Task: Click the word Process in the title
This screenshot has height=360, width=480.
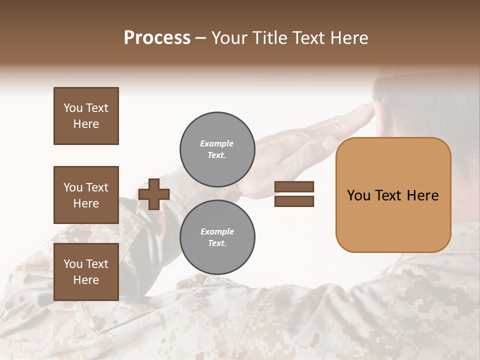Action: [x=157, y=37]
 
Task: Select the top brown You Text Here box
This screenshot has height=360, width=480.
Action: [x=86, y=116]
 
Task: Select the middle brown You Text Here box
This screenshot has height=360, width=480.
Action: [x=86, y=195]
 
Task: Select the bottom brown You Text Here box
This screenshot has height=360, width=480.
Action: [x=86, y=271]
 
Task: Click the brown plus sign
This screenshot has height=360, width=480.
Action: [x=154, y=194]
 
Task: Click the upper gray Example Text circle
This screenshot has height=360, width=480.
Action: [x=217, y=149]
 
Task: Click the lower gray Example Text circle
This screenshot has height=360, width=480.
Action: [x=217, y=237]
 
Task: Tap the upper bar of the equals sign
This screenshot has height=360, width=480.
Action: [x=294, y=186]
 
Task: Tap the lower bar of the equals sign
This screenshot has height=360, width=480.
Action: [x=294, y=201]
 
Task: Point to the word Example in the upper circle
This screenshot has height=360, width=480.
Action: [x=216, y=143]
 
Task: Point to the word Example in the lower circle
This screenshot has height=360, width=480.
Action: [x=217, y=231]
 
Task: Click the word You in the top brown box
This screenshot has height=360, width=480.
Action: [x=72, y=108]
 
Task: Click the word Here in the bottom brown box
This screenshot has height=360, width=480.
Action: [x=86, y=280]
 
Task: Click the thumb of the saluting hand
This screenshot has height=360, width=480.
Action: [x=330, y=144]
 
